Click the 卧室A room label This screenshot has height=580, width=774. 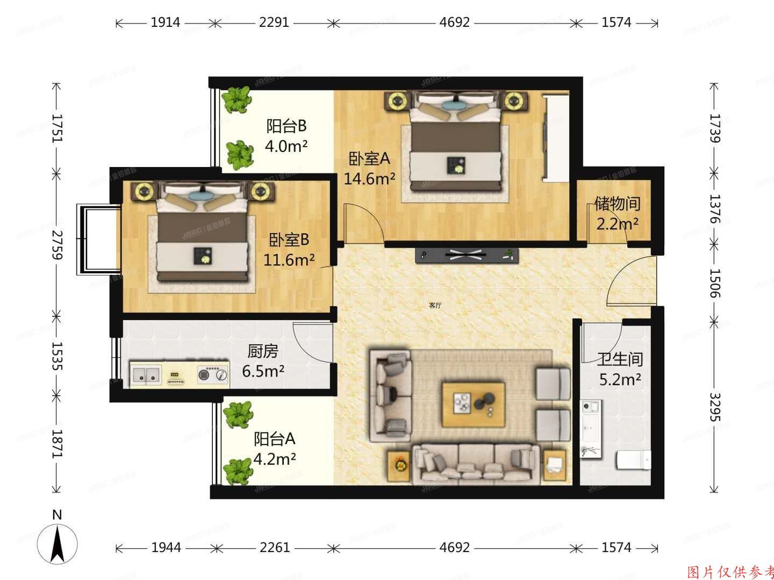[x=369, y=159]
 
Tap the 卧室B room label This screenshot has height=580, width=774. [x=289, y=240]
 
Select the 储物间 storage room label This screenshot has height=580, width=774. [x=617, y=204]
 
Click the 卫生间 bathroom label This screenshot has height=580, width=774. [x=620, y=359]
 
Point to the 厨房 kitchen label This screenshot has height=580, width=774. [x=263, y=352]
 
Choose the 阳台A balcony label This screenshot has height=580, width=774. [x=275, y=439]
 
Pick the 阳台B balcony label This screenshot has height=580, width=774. [x=287, y=126]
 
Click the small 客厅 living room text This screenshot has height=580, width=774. [x=435, y=306]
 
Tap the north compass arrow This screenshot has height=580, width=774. [x=58, y=542]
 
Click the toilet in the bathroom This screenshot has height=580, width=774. [x=633, y=460]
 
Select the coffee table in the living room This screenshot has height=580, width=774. [x=473, y=404]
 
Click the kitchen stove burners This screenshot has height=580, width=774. [x=212, y=374]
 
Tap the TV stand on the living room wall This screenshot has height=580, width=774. [x=467, y=256]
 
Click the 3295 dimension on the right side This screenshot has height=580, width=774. [x=714, y=407]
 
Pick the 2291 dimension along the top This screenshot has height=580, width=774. [x=274, y=23]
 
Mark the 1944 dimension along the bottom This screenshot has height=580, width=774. [x=166, y=548]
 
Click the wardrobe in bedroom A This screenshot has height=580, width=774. [x=556, y=137]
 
